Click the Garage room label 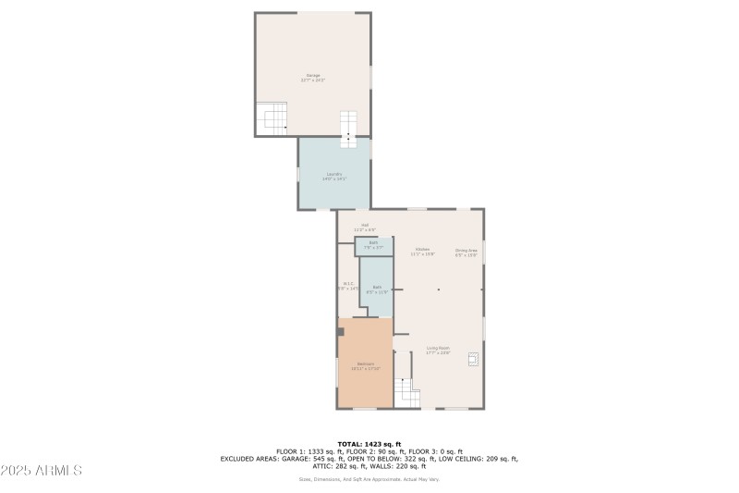point(313,78)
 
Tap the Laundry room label point(334,176)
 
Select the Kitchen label point(422,251)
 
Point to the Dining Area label point(466,252)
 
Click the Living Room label point(438,350)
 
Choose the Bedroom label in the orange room point(365,365)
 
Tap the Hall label point(365,228)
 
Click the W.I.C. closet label point(348,286)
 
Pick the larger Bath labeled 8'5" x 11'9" point(377,289)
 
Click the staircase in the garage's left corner point(273,118)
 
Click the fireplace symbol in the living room point(474,359)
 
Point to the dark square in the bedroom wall point(340,331)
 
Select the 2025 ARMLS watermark point(42,470)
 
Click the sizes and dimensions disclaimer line point(369,479)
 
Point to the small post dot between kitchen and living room point(439,290)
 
